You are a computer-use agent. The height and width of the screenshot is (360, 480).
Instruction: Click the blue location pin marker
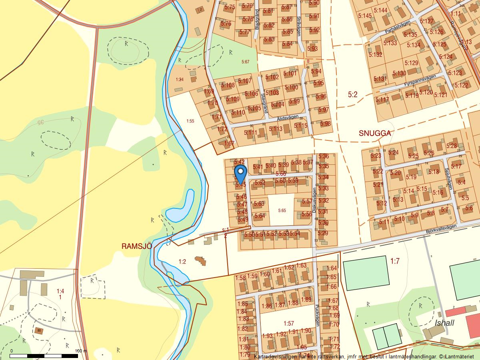[240, 174]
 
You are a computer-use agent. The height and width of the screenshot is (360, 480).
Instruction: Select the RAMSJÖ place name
[137, 246]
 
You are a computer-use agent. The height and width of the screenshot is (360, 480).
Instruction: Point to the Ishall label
[444, 323]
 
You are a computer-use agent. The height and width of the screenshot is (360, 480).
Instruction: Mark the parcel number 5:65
[282, 210]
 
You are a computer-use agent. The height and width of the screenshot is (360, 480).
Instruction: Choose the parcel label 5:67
[245, 62]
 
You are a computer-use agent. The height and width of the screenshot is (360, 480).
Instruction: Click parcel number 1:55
[190, 120]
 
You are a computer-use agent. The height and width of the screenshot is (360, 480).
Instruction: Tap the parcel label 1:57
[288, 323]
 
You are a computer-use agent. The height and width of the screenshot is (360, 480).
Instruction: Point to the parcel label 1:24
[180, 80]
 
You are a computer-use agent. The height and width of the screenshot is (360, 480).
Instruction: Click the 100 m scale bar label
[81, 351]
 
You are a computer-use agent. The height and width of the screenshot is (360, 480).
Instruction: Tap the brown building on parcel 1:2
[201, 261]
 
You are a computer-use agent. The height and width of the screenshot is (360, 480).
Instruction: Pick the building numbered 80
[39, 330]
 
